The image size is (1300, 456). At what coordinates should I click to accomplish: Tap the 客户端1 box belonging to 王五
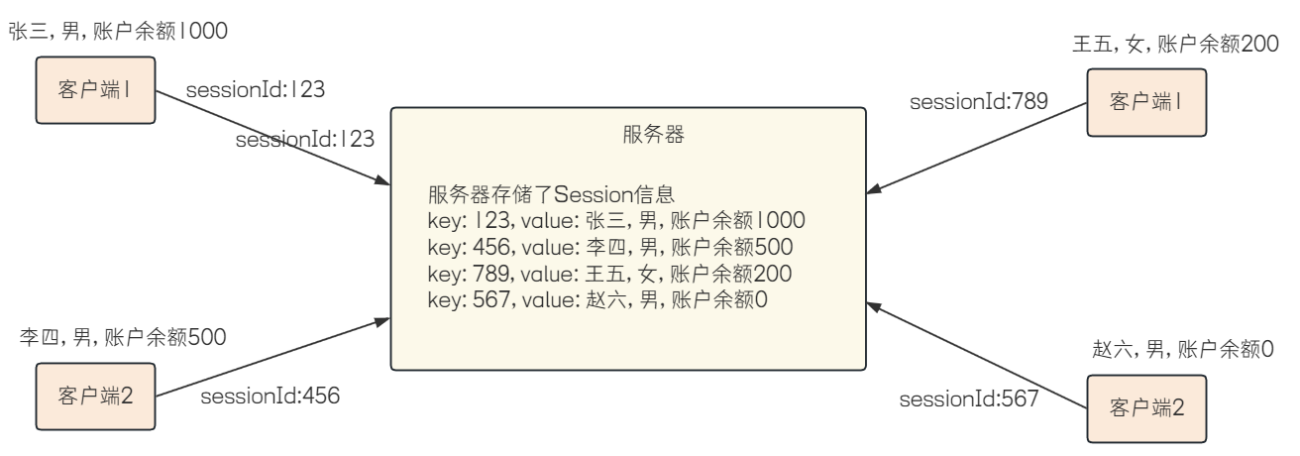(x=1146, y=101)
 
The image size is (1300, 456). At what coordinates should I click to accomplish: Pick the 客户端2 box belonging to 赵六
(x=1146, y=407)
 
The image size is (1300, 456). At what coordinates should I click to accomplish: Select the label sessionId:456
(x=270, y=397)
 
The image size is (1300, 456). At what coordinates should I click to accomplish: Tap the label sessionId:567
(x=968, y=400)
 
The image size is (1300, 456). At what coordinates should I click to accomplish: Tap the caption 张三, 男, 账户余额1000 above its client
(x=118, y=31)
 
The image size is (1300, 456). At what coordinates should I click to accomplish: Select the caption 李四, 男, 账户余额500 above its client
(x=123, y=338)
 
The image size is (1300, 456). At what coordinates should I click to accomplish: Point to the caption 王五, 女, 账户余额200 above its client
(x=1173, y=46)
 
